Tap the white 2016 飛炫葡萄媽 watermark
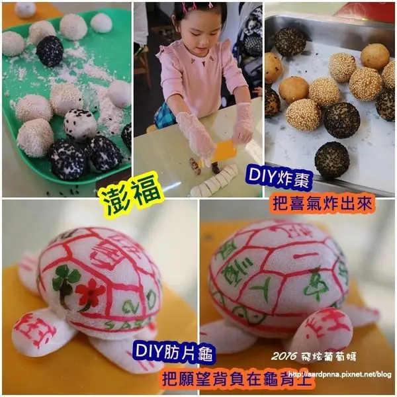314,357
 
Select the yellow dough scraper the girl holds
224,150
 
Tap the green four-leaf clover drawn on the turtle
64,281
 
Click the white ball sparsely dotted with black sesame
80,123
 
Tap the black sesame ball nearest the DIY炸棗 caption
331,159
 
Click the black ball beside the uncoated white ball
50,51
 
